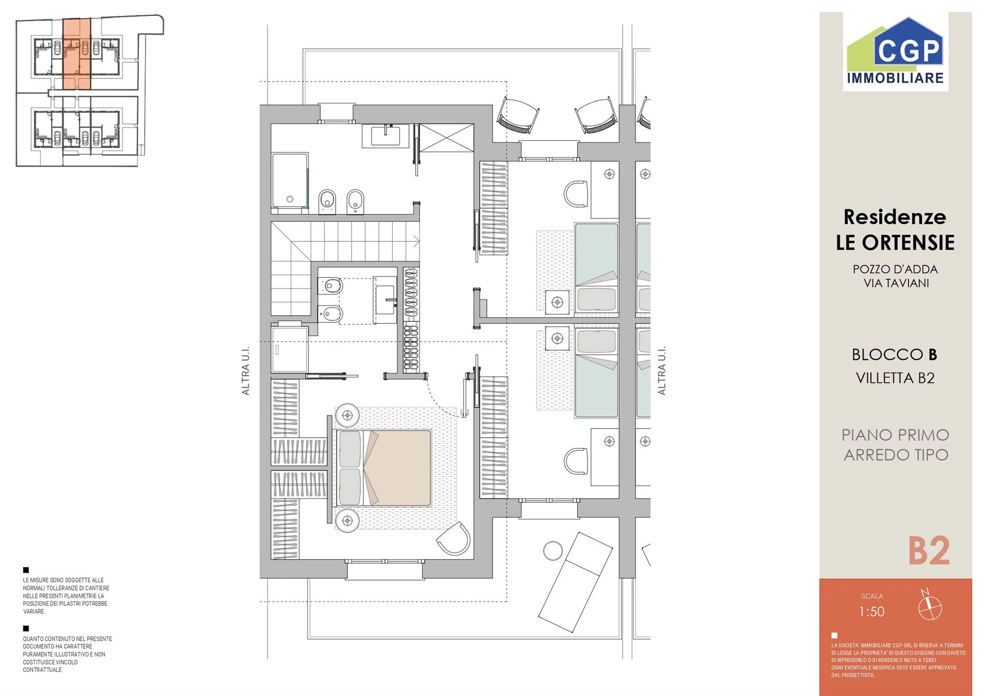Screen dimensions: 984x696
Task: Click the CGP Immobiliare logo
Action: (895, 52)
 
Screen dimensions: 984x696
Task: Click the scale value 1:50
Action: (872, 611)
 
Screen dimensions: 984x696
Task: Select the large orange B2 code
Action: (929, 551)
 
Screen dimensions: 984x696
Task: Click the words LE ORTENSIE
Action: (895, 242)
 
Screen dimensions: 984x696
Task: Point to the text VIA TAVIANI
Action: (896, 283)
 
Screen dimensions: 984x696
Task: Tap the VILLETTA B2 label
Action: (895, 378)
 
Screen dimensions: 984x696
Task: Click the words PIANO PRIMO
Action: (895, 435)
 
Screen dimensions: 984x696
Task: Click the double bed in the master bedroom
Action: (383, 468)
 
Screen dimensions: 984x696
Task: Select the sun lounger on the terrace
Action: (576, 582)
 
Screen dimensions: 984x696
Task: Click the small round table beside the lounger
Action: (552, 551)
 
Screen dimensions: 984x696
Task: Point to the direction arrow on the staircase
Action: (416, 241)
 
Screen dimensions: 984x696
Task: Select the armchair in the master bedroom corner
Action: (454, 539)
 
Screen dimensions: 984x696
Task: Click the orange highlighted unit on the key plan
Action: (77, 54)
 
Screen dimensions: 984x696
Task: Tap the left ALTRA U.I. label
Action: (245, 371)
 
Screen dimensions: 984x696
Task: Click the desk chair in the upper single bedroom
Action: (576, 194)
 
